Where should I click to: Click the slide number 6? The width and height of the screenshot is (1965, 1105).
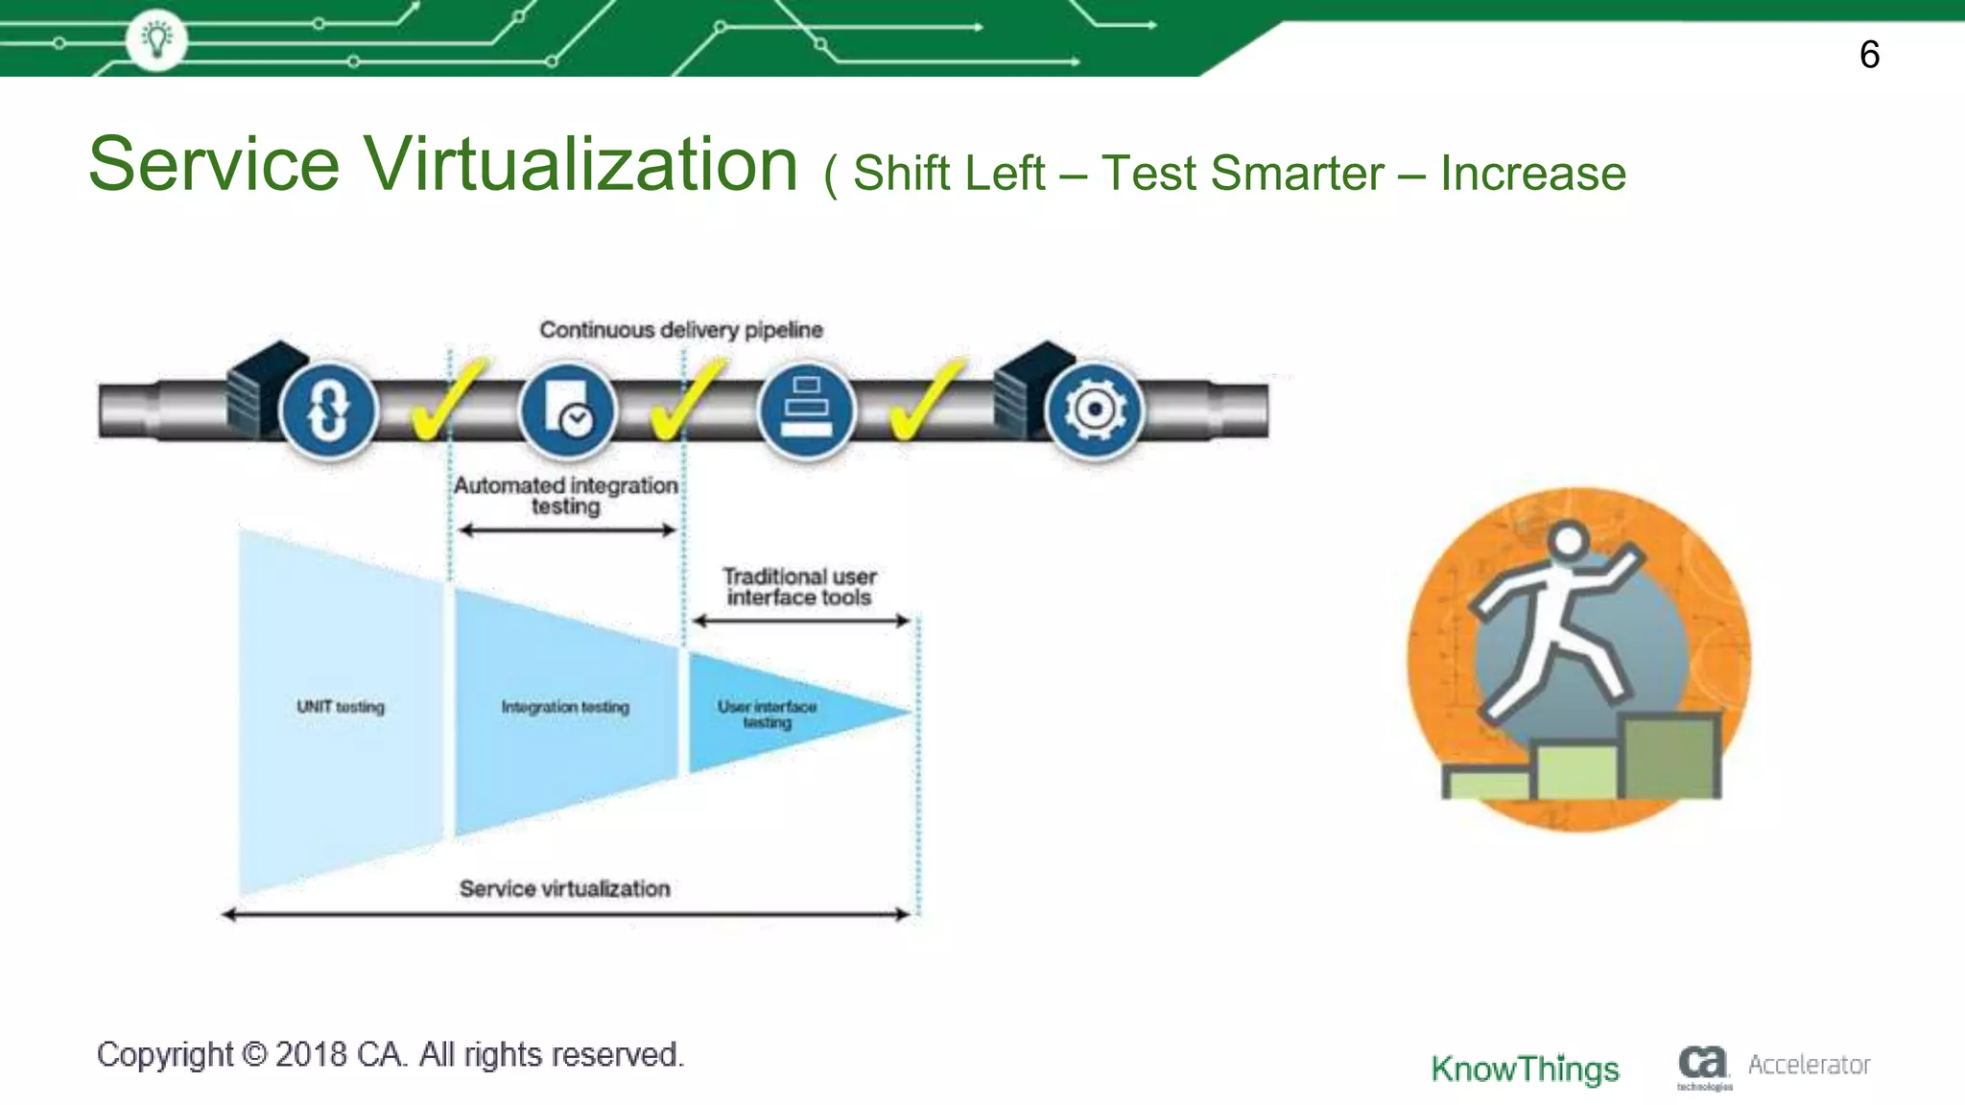tap(1869, 55)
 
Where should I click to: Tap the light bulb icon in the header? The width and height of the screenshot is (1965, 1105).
tap(156, 39)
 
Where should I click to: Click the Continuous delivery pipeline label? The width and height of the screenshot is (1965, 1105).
tap(680, 330)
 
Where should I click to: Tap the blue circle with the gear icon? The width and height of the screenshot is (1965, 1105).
tap(1094, 411)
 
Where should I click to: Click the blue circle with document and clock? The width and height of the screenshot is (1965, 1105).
tap(567, 411)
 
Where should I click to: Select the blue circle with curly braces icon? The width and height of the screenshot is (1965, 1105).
tap(327, 411)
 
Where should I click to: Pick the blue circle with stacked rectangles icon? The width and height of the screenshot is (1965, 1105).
tap(806, 411)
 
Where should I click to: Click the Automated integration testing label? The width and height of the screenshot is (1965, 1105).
tap(565, 495)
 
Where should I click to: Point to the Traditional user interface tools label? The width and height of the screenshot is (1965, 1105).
tap(799, 586)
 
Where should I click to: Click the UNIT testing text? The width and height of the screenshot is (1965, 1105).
tap(340, 707)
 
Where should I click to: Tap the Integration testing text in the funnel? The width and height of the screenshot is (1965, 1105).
tap(565, 707)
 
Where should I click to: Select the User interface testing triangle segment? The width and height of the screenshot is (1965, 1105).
tap(768, 714)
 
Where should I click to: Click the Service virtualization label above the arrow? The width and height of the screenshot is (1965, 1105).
tap(564, 888)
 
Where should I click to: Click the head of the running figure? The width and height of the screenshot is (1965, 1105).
tap(1568, 540)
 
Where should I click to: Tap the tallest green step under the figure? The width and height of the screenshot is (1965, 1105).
tap(1670, 757)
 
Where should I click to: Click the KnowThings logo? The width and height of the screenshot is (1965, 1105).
tap(1525, 1069)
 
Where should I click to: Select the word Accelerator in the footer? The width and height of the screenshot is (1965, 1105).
tap(1809, 1065)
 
